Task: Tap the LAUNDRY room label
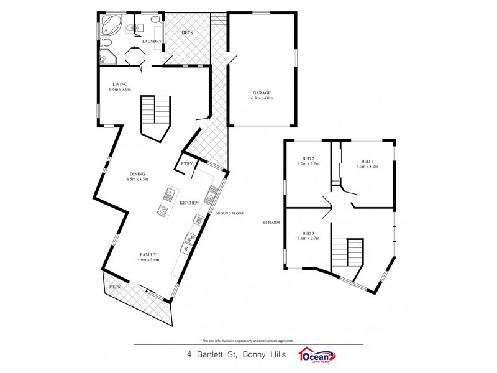tap(152, 42)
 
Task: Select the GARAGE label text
tap(261, 93)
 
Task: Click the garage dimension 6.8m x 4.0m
tap(261, 98)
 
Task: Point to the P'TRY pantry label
tap(186, 164)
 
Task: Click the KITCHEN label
tap(189, 203)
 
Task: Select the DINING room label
tap(138, 174)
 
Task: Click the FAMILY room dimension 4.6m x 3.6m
tap(148, 260)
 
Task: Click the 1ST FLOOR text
tap(271, 222)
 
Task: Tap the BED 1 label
tap(366, 160)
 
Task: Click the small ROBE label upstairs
tap(335, 182)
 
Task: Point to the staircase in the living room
tap(154, 116)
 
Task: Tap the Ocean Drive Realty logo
tap(317, 355)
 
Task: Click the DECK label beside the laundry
tap(188, 32)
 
